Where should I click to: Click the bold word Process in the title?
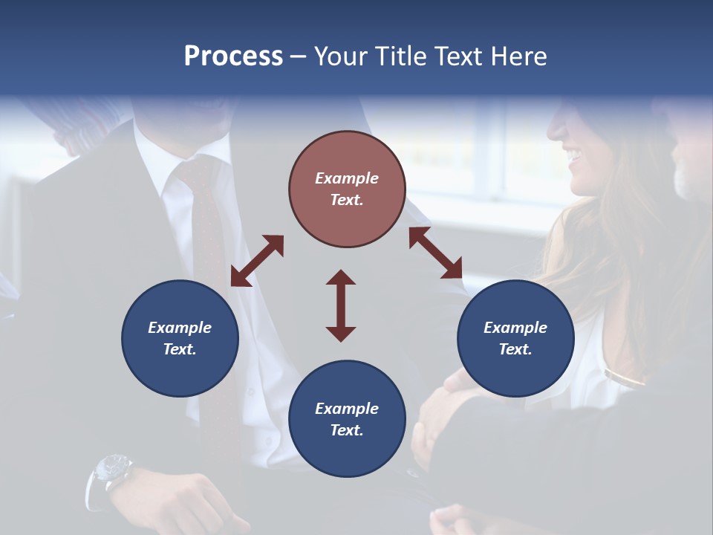pos(233,56)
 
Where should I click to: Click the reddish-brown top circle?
pos(347,189)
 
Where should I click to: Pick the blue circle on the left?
pos(180,338)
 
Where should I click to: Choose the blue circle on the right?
pos(515,338)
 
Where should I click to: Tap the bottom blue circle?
pos(347,419)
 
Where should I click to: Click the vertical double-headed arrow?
pos(341,305)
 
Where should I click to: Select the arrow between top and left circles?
pos(257,260)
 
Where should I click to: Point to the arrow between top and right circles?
pos(435,253)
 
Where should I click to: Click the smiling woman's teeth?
pos(574,155)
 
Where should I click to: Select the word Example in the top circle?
pos(347,178)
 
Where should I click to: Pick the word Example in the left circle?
pos(180,328)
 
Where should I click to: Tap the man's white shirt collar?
pos(160,160)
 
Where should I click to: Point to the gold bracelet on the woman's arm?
pos(624,378)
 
